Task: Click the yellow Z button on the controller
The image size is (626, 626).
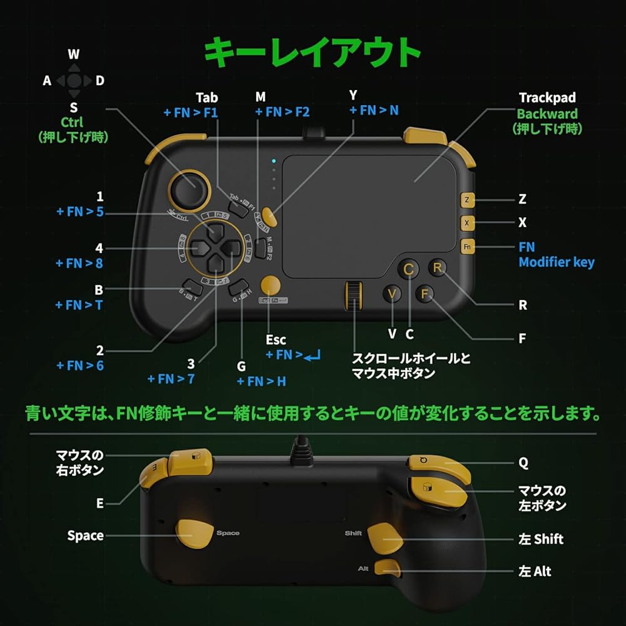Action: pyautogui.click(x=467, y=200)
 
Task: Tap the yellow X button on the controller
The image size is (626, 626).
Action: pyautogui.click(x=467, y=223)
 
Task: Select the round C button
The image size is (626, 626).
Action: pyautogui.click(x=408, y=270)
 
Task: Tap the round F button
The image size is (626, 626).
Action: pyautogui.click(x=425, y=293)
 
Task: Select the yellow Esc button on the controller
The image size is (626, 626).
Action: pyautogui.click(x=271, y=285)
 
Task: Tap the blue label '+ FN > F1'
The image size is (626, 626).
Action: pyautogui.click(x=192, y=113)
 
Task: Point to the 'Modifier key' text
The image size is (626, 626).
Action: pyautogui.click(x=556, y=262)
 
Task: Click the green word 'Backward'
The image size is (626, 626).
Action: pyautogui.click(x=546, y=114)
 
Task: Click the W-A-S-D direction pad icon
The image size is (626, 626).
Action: pyautogui.click(x=74, y=81)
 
